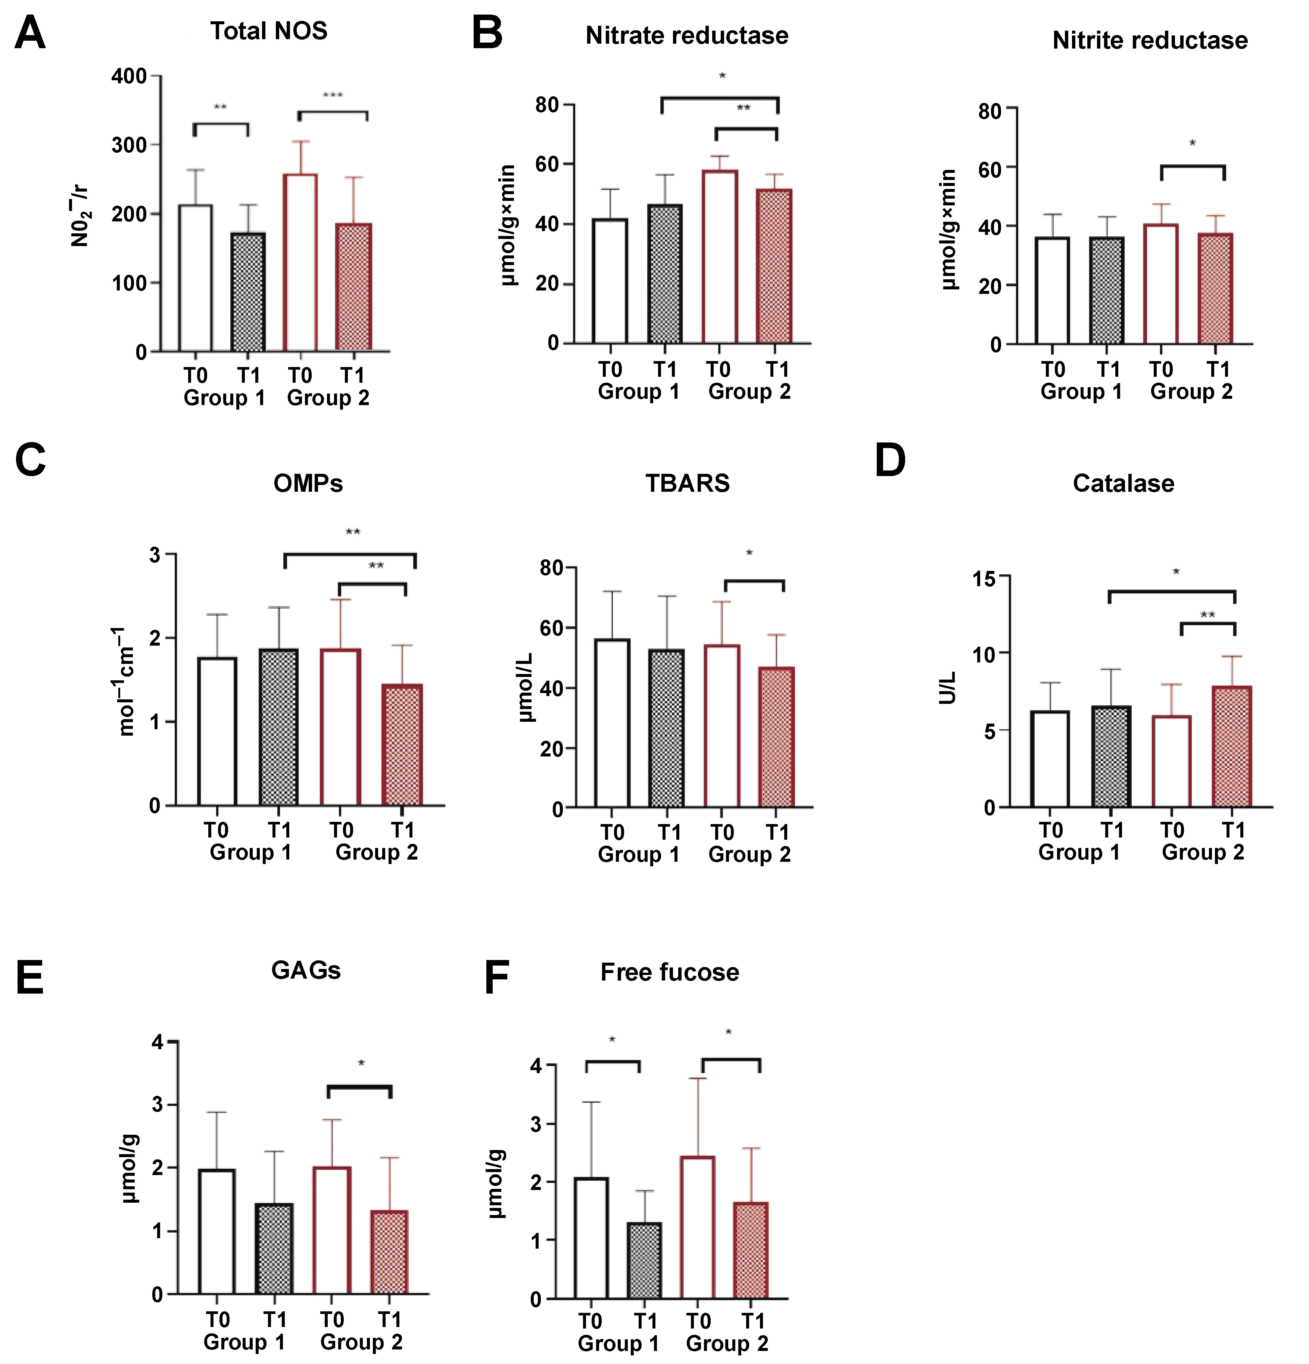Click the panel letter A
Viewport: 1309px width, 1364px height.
click(x=30, y=33)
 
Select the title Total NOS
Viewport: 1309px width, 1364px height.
click(x=268, y=31)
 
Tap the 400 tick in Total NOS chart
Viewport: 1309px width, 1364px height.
click(x=130, y=76)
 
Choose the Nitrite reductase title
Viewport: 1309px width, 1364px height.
click(x=1150, y=40)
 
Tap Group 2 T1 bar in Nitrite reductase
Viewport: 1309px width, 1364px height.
click(x=1215, y=288)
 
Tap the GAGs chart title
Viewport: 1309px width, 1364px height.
click(x=306, y=970)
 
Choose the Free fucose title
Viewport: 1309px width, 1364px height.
click(x=670, y=972)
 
